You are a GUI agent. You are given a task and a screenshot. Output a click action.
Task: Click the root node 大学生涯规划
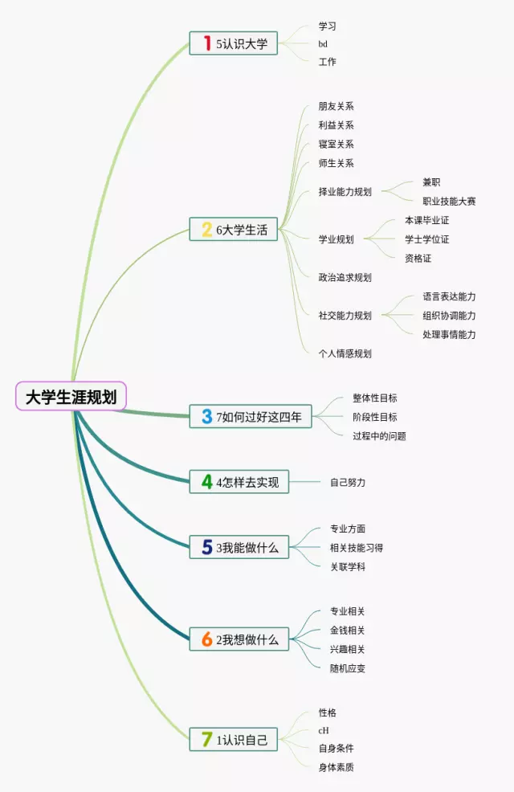[x=71, y=396]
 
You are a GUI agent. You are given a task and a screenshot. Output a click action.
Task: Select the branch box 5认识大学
[x=234, y=43]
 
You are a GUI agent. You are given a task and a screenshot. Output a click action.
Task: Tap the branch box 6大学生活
[x=234, y=230]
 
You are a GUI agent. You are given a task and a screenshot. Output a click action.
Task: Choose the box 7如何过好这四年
[x=251, y=416]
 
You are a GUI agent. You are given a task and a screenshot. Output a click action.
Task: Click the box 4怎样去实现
[x=238, y=482]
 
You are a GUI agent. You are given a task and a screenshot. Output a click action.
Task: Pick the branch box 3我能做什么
[x=239, y=547]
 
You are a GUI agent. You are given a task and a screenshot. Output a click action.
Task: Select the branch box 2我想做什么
[x=239, y=639]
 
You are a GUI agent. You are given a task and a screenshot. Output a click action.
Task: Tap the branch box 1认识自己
[x=234, y=740]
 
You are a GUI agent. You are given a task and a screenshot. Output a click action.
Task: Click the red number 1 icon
[x=206, y=43]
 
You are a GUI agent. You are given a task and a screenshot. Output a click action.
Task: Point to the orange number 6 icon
[x=207, y=639]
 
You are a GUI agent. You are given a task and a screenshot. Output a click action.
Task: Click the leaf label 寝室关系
[x=336, y=145]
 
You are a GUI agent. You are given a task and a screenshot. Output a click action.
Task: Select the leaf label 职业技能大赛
[x=449, y=202]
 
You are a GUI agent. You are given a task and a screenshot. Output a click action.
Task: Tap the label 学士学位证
[x=426, y=239]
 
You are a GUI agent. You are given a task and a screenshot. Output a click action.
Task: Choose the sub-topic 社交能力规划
[x=345, y=316]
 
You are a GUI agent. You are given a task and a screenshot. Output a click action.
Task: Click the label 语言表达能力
[x=449, y=297]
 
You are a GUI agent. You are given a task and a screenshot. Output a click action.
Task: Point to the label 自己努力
[x=348, y=483]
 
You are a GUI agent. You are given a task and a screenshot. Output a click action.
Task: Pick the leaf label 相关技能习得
[x=357, y=548]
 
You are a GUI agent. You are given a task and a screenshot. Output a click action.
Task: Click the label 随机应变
[x=348, y=668]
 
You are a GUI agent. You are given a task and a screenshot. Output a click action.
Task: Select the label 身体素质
[x=336, y=767]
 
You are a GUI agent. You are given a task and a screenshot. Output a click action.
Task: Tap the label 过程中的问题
[x=379, y=436]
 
